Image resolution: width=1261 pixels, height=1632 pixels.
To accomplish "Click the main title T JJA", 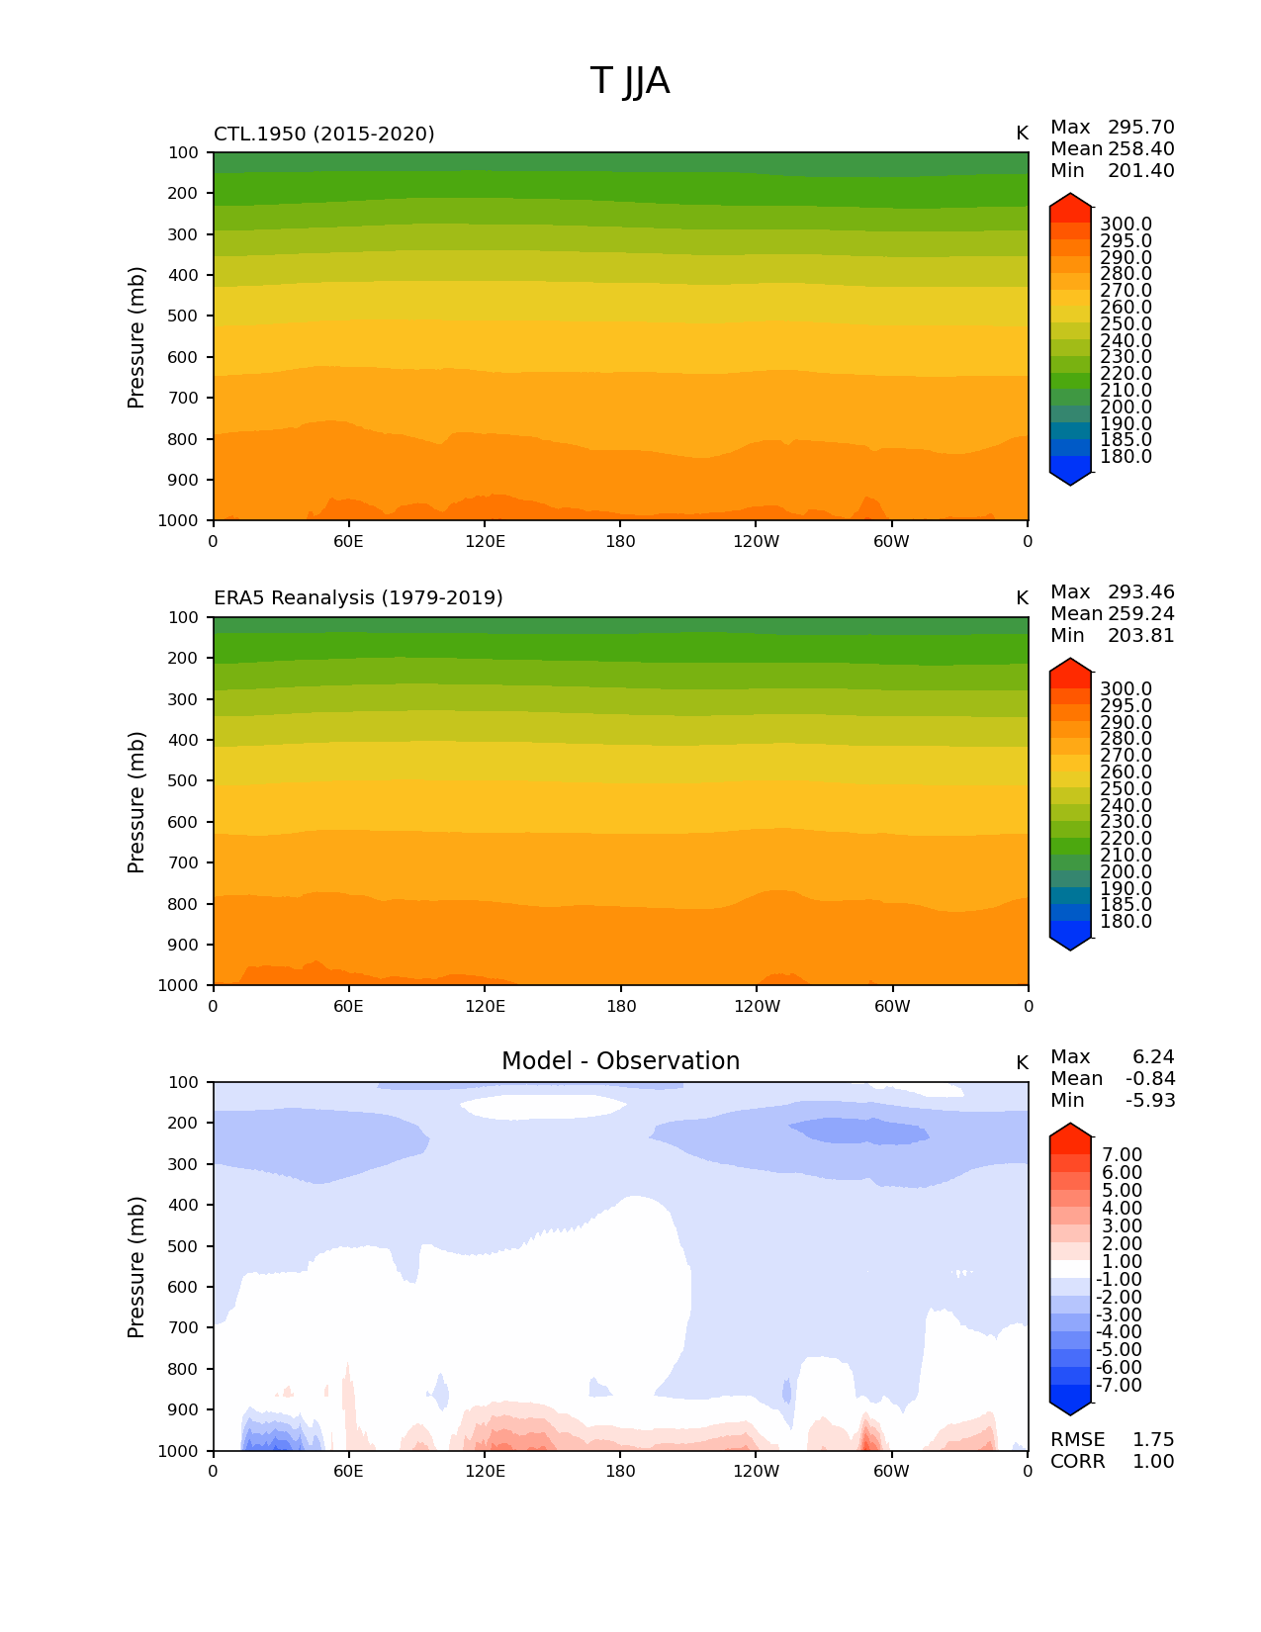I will pyautogui.click(x=630, y=81).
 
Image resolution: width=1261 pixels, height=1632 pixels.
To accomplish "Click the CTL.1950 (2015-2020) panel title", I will pyautogui.click(x=324, y=134).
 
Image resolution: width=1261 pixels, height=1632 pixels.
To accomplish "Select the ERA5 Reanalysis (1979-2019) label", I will pyautogui.click(x=358, y=598).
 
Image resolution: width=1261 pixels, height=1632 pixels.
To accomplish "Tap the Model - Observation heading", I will pyautogui.click(x=620, y=1061).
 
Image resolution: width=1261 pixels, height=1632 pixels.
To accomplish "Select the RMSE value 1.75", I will pyautogui.click(x=1153, y=1440).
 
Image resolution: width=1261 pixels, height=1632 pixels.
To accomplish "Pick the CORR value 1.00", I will pyautogui.click(x=1153, y=1462).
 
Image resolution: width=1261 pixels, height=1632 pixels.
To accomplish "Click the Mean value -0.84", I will pyautogui.click(x=1150, y=1079).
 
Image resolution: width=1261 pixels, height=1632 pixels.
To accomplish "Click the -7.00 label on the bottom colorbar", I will pyautogui.click(x=1119, y=1386).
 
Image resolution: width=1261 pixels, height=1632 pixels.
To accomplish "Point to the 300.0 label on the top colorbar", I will pyautogui.click(x=1126, y=225).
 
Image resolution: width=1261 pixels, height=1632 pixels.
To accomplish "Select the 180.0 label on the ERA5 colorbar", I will pyautogui.click(x=1126, y=922).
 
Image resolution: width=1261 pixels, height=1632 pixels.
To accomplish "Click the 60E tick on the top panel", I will pyautogui.click(x=348, y=541).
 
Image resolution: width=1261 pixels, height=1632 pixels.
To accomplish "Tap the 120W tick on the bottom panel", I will pyautogui.click(x=757, y=1472).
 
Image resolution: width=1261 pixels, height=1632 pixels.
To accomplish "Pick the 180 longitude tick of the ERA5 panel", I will pyautogui.click(x=621, y=1007).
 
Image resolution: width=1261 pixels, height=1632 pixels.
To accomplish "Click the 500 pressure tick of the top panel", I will pyautogui.click(x=183, y=317).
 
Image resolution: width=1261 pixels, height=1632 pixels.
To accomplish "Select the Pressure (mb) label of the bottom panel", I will pyautogui.click(x=136, y=1267).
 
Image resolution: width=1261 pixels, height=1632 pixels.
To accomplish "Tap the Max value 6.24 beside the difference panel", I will pyautogui.click(x=1153, y=1057).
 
